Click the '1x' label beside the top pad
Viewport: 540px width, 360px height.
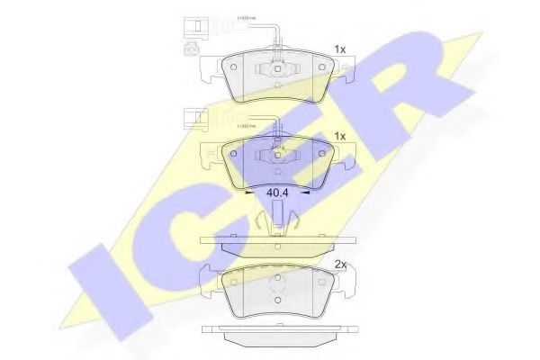pos(339,49)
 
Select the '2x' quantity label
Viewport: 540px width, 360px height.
pos(339,265)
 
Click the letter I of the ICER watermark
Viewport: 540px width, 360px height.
pos(135,288)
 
